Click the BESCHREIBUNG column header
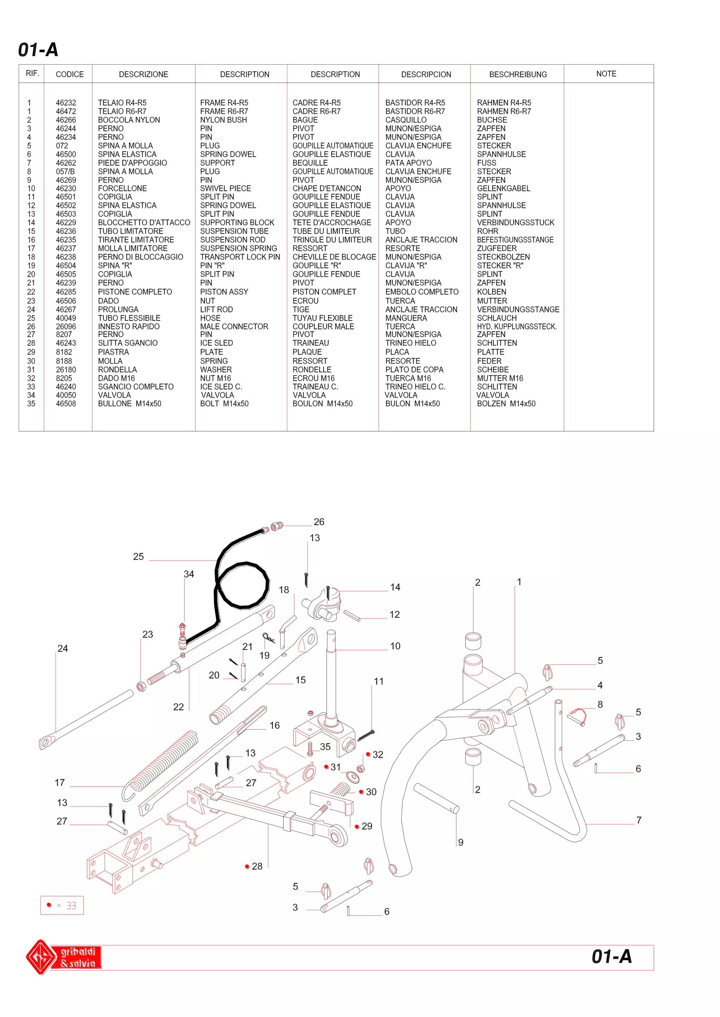(517, 74)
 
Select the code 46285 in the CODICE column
(66, 292)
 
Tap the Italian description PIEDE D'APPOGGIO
(132, 163)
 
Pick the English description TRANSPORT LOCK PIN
(240, 257)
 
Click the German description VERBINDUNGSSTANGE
(518, 310)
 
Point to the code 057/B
(65, 171)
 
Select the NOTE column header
(606, 74)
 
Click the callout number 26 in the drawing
(319, 522)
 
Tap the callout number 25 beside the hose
(138, 557)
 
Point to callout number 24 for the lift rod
(63, 649)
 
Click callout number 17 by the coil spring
(60, 783)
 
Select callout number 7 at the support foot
(638, 820)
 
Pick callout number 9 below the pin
(461, 842)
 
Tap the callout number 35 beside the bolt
(325, 747)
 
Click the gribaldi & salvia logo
(63, 957)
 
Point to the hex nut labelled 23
(141, 687)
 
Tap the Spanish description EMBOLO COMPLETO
(422, 292)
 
